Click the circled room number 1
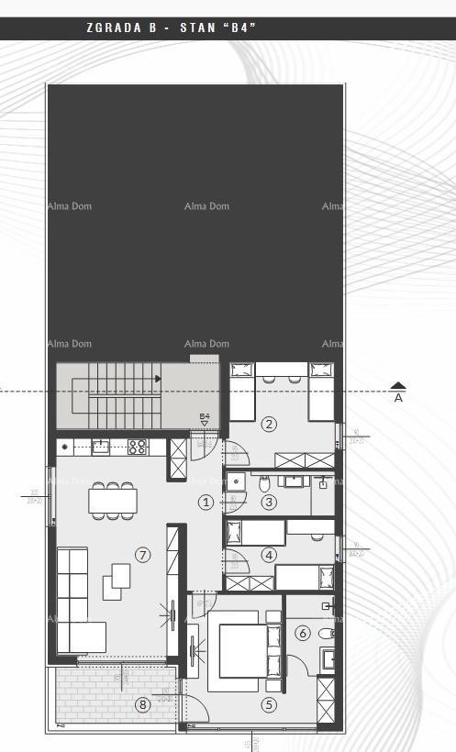pyautogui.click(x=206, y=502)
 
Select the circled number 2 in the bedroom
pyautogui.click(x=269, y=424)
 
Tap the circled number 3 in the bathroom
pyautogui.click(x=269, y=502)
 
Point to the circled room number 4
pyautogui.click(x=269, y=555)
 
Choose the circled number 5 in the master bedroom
pyautogui.click(x=269, y=704)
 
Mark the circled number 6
pyautogui.click(x=303, y=633)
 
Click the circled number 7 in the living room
pyautogui.click(x=142, y=555)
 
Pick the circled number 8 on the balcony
pyautogui.click(x=142, y=704)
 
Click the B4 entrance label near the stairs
pyautogui.click(x=205, y=416)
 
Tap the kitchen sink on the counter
pyautogui.click(x=100, y=447)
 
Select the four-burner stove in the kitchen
pyautogui.click(x=138, y=447)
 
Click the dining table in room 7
pyautogui.click(x=113, y=501)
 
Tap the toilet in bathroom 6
pyautogui.click(x=326, y=633)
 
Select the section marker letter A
pyautogui.click(x=398, y=398)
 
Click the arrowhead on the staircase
pyautogui.click(x=159, y=377)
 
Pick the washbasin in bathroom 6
pyautogui.click(x=328, y=658)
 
